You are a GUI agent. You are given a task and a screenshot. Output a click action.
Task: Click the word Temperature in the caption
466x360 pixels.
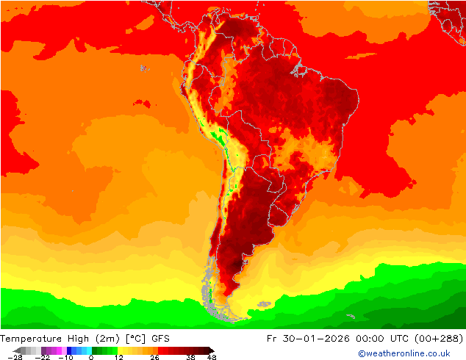pos(35,339)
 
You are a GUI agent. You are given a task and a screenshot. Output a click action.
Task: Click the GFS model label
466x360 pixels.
pos(161,339)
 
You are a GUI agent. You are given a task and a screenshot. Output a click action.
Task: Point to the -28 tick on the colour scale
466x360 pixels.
pos(14,357)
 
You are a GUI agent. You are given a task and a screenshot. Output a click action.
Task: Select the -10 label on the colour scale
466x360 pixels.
pos(65,357)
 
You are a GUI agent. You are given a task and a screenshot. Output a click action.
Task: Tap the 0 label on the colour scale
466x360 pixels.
pos(91,357)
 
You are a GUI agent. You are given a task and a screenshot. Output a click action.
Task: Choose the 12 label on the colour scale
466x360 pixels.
pos(118,357)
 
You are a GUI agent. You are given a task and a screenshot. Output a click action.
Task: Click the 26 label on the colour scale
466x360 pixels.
pos(154,357)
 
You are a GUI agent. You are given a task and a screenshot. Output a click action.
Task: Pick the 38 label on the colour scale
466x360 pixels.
pos(190,357)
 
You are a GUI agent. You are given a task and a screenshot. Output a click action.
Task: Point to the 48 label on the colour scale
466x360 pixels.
pos(212,357)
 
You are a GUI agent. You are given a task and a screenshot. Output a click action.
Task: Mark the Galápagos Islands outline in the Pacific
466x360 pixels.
pos(143,68)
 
